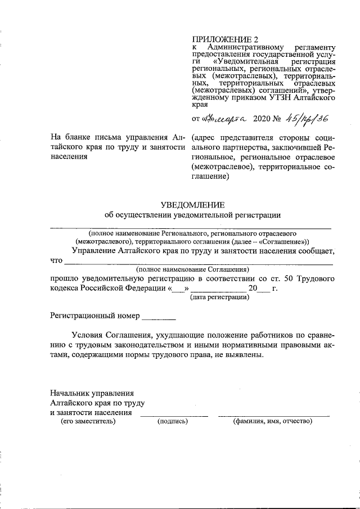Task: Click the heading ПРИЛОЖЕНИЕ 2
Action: [224, 40]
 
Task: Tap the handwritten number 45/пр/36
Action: [307, 119]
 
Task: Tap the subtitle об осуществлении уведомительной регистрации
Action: [193, 214]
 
